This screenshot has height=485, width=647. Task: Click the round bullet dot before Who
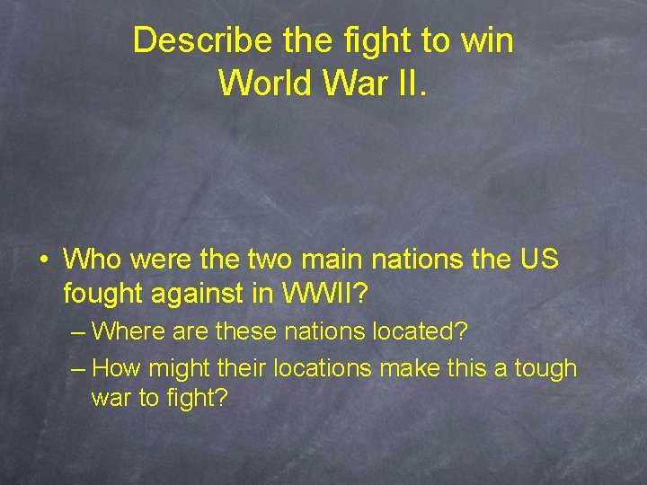[x=43, y=261]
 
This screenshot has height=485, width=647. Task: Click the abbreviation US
[x=539, y=260]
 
